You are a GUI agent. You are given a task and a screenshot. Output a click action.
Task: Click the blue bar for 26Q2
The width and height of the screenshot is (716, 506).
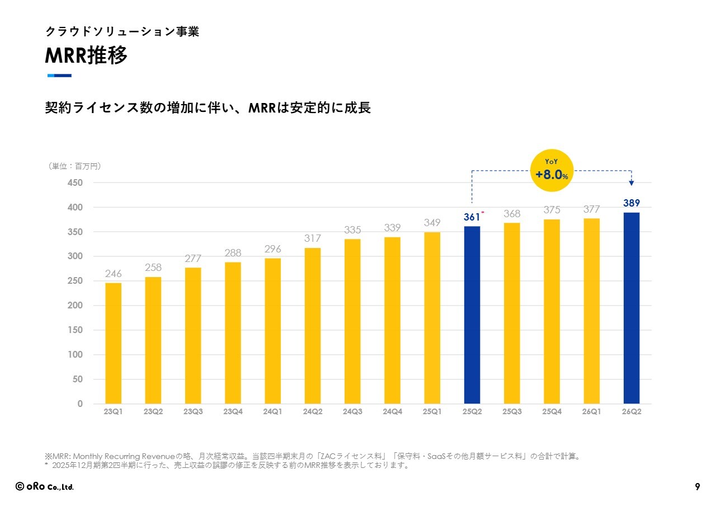coord(632,308)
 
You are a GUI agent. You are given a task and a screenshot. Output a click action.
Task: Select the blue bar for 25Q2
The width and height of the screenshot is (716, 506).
coord(472,315)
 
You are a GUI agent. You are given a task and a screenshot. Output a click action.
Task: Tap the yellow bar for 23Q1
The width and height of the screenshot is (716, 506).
coord(113,343)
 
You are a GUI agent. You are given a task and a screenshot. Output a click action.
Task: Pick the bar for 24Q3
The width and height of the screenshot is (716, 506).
coord(352,321)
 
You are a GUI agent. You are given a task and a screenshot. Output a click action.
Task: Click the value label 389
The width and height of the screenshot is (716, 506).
coord(632,203)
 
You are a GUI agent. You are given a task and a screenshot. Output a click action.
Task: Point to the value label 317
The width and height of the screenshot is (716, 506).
coord(312,238)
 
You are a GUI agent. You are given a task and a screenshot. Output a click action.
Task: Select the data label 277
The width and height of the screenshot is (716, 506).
coord(193,259)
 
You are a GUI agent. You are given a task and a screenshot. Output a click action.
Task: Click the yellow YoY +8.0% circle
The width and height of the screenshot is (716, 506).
coord(552,171)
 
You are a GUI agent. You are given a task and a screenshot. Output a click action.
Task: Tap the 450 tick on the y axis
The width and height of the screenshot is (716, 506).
coord(75,182)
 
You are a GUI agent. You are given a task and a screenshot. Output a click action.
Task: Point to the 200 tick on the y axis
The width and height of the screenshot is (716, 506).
coord(75,306)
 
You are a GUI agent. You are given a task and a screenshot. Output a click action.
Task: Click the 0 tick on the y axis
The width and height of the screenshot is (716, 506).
coord(80,404)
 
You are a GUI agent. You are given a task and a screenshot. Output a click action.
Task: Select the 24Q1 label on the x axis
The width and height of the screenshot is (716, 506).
coord(272,411)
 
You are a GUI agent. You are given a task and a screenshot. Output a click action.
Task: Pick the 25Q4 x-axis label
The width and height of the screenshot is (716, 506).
coord(552,411)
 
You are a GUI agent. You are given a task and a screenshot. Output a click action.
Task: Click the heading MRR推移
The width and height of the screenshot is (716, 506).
coord(86,55)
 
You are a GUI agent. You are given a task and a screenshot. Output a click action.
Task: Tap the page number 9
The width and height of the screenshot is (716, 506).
coord(697,486)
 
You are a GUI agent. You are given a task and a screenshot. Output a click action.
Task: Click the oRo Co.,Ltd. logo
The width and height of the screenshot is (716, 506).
coord(44,486)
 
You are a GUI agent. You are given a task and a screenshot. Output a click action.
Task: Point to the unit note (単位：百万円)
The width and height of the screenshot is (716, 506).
coord(74,166)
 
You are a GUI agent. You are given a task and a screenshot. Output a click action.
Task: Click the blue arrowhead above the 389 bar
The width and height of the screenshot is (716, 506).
coord(632,183)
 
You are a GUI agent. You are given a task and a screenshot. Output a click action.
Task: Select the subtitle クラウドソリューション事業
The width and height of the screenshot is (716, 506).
coord(122,31)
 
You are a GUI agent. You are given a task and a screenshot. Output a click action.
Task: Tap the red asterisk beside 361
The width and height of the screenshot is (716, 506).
coord(483,212)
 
